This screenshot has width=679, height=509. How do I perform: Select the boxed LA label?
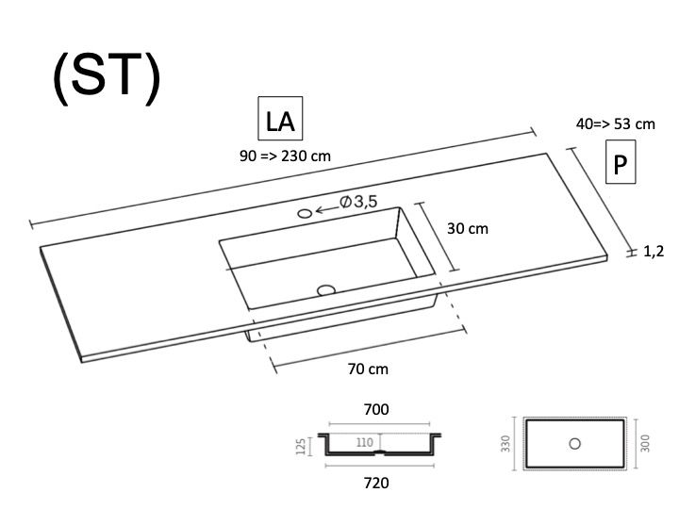tap(280, 118)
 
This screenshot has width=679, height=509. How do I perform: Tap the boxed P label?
tap(621, 162)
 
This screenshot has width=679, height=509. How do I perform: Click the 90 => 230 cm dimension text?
tap(285, 156)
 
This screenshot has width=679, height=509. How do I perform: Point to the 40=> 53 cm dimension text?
tap(615, 124)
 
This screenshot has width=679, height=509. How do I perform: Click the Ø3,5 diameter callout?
tap(358, 202)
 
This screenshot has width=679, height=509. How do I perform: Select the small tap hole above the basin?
tap(305, 213)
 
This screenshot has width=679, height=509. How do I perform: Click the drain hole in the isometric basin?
tap(326, 290)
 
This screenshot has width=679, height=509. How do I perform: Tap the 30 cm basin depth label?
tap(467, 228)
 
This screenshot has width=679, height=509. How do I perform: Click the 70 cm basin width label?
tap(368, 369)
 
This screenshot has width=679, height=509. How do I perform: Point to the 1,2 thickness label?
tap(654, 251)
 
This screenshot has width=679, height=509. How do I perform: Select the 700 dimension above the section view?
tap(376, 409)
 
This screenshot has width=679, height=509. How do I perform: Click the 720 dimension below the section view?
tap(376, 483)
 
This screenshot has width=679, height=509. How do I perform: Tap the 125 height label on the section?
tap(301, 446)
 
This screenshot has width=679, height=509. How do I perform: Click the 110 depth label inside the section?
tap(365, 442)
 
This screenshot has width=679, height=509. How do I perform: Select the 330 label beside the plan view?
tap(505, 444)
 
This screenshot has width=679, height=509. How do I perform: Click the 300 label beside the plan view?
tap(645, 444)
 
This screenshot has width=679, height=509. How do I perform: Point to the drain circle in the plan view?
tap(575, 444)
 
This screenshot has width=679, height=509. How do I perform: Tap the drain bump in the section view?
tap(380, 452)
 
